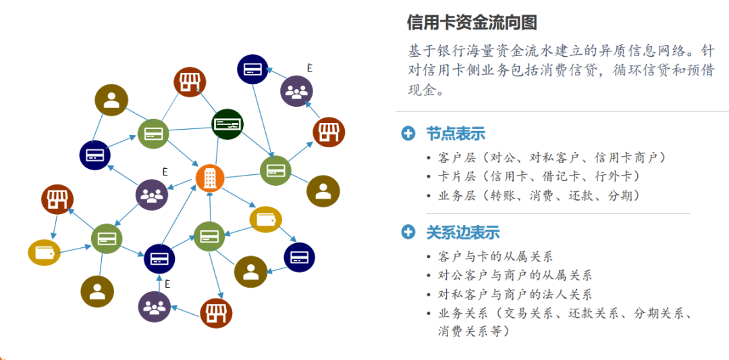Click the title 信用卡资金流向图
[472, 22]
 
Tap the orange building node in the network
[210, 178]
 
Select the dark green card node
[227, 124]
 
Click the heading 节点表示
[456, 133]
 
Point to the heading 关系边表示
[463, 232]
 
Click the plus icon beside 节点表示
[408, 133]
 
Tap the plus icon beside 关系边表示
[408, 232]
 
